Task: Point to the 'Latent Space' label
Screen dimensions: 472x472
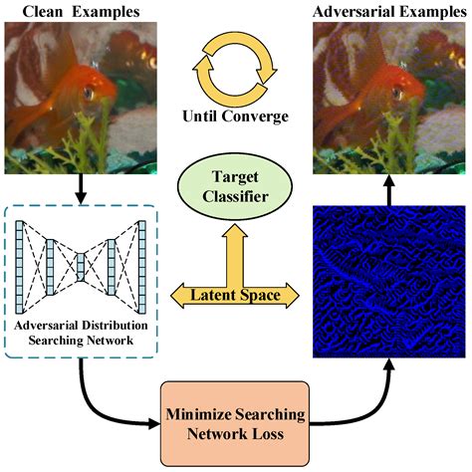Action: pos(236,294)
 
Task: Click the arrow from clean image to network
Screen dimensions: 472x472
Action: pos(79,183)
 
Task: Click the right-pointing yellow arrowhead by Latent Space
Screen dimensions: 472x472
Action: pos(298,295)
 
